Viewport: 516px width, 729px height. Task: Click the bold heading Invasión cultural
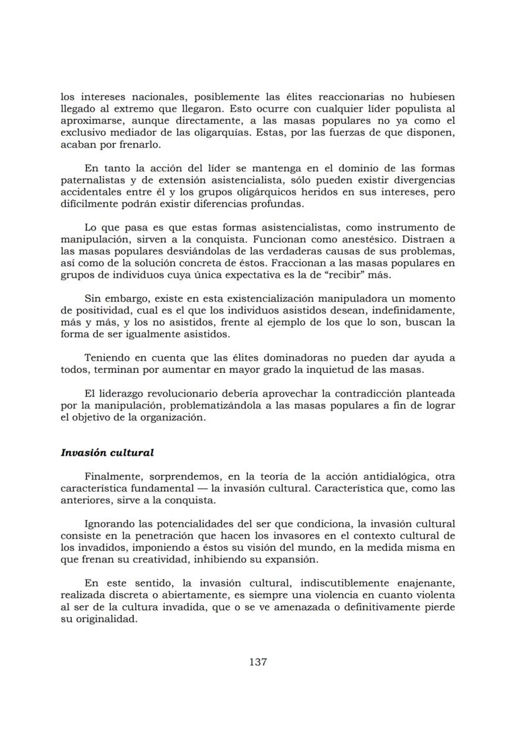[x=107, y=452]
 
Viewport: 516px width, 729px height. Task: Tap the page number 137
[x=258, y=662]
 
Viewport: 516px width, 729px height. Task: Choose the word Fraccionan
[x=290, y=263]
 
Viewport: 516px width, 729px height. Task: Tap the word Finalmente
[x=113, y=476]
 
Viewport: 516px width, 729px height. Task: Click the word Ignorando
[x=110, y=524]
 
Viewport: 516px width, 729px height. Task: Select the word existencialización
[x=270, y=298]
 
